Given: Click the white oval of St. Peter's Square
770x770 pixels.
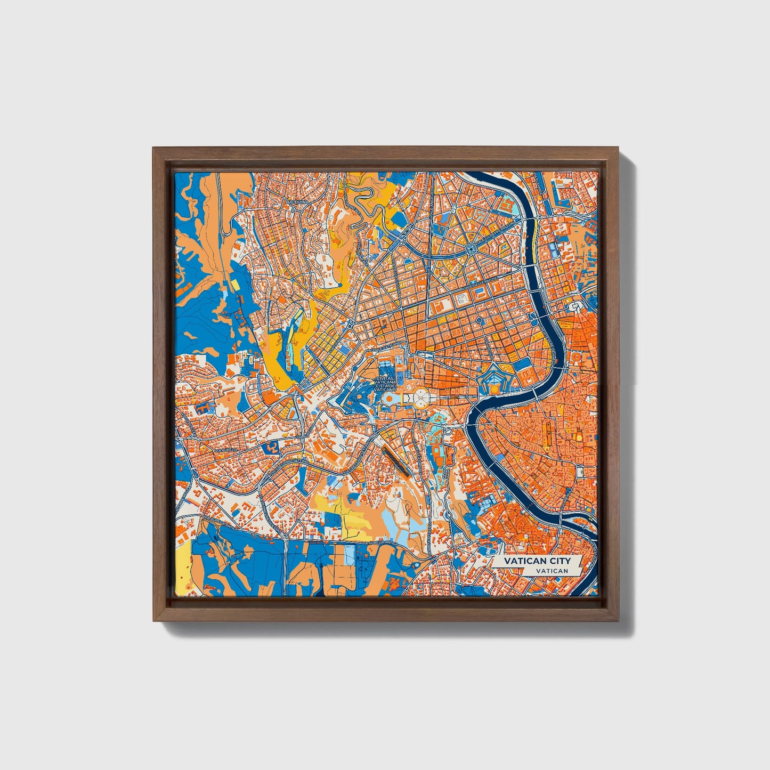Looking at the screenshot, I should point(421,396).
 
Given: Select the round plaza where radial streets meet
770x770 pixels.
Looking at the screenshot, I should point(471,249).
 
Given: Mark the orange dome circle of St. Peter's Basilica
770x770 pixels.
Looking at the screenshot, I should point(390,398).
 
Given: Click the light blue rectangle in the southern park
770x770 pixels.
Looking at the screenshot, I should point(349,554).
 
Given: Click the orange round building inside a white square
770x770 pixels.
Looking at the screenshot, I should point(496,390).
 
